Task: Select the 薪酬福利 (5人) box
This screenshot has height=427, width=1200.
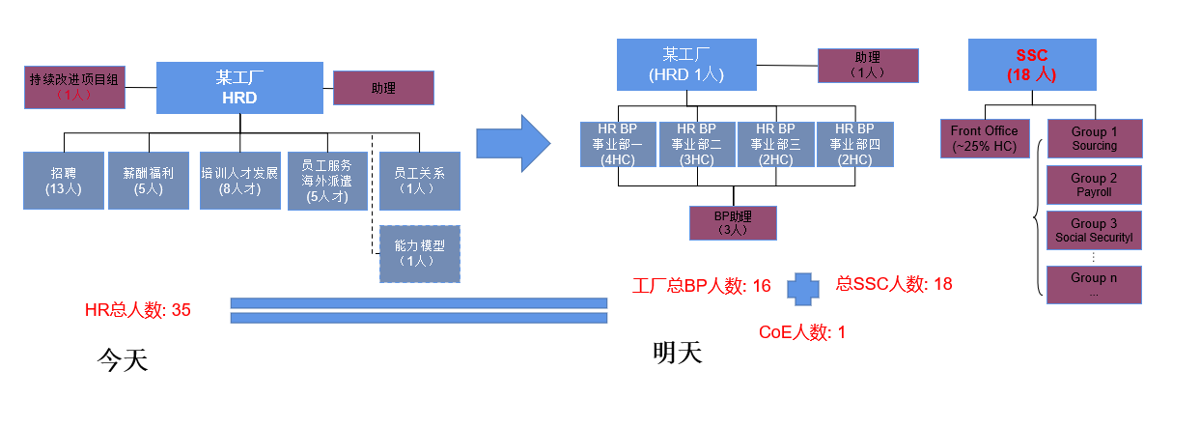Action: tap(148, 181)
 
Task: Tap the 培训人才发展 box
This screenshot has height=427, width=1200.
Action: tap(239, 181)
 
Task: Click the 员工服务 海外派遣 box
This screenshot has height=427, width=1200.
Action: tap(328, 181)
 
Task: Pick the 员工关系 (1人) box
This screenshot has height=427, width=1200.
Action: tap(420, 181)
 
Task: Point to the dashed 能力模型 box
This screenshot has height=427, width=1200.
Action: tap(420, 253)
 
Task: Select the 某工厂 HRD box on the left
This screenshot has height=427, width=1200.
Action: tap(238, 88)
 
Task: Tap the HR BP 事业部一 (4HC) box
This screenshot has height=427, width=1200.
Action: tap(618, 143)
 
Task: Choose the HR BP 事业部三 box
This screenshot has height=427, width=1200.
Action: tap(776, 143)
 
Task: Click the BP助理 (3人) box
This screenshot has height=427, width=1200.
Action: tap(733, 222)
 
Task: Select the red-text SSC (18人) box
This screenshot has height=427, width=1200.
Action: tap(1031, 65)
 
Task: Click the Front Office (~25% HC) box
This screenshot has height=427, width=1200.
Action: tap(984, 138)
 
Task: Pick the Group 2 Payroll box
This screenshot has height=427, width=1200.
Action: tap(1094, 185)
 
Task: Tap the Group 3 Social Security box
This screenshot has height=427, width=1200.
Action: tap(1094, 230)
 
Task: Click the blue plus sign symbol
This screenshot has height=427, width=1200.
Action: tap(802, 286)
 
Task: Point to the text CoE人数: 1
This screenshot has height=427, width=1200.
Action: tap(801, 332)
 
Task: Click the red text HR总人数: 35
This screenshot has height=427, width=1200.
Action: tap(138, 310)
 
